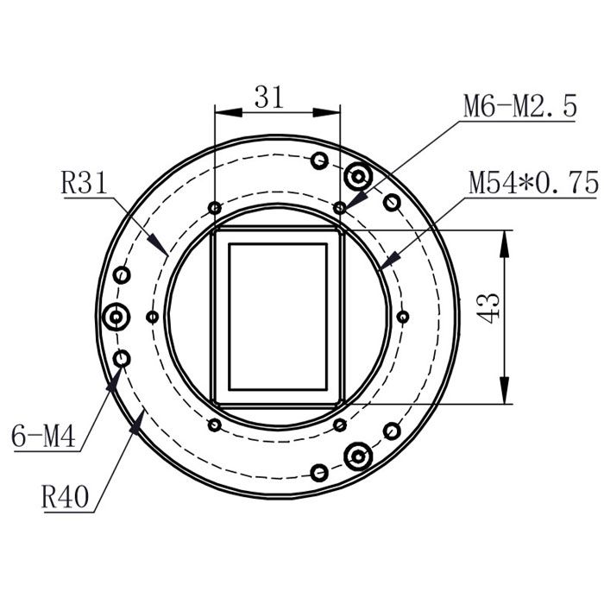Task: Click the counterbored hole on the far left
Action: pos(115,318)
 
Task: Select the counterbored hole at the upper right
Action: pos(357,177)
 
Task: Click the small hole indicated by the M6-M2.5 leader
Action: pos(340,207)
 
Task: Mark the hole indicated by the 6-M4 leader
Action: pos(122,358)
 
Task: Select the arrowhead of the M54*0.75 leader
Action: pos(390,259)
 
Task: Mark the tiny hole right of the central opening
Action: pos(402,317)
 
